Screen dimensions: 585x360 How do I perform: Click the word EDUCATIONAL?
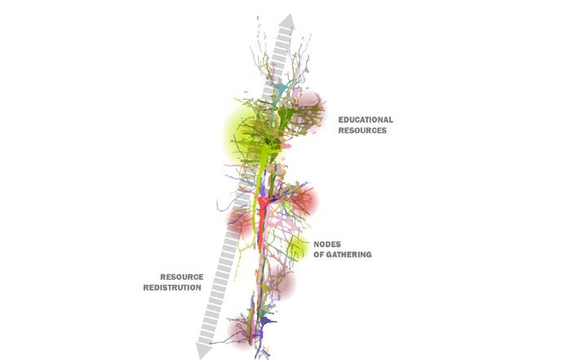[x=366, y=120]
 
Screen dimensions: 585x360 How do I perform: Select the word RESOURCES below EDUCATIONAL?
[x=362, y=131]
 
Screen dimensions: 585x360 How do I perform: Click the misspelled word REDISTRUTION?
[x=173, y=288]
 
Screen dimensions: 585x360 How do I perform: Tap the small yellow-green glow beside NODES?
[x=299, y=247]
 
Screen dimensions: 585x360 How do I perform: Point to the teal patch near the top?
[x=281, y=89]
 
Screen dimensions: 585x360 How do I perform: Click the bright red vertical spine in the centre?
[x=262, y=220]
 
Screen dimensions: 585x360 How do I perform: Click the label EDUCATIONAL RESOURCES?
[x=366, y=125]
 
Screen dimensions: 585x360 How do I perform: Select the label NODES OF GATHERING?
[x=342, y=249]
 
